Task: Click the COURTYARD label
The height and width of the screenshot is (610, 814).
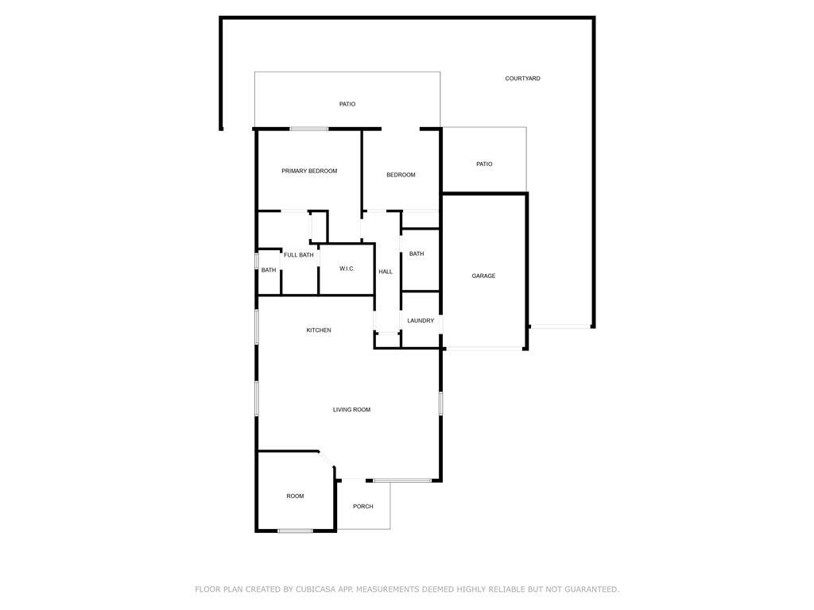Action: pyautogui.click(x=522, y=79)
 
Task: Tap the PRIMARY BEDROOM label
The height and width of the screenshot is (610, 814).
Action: pyautogui.click(x=309, y=171)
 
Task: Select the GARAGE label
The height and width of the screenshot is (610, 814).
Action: pyautogui.click(x=483, y=276)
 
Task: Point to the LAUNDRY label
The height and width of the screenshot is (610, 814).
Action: pyautogui.click(x=421, y=321)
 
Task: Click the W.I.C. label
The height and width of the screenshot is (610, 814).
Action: pyautogui.click(x=347, y=268)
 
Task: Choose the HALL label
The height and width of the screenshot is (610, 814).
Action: pyautogui.click(x=386, y=272)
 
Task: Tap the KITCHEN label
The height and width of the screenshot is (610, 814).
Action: pyautogui.click(x=319, y=330)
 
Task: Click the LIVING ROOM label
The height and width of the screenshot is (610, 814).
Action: pyautogui.click(x=351, y=410)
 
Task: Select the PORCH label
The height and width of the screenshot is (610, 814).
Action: pyautogui.click(x=362, y=506)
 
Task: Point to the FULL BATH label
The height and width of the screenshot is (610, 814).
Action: pyautogui.click(x=299, y=255)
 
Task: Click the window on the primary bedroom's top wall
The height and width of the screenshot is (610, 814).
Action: pyautogui.click(x=309, y=129)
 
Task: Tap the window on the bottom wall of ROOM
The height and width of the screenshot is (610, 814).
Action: pyautogui.click(x=296, y=531)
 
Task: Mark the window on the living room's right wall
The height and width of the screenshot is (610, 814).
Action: pyautogui.click(x=440, y=403)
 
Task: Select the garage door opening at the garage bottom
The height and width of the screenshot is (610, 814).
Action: pyautogui.click(x=484, y=349)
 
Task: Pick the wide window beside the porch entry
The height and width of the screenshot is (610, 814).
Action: pyautogui.click(x=402, y=481)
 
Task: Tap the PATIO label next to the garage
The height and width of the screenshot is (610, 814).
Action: pyautogui.click(x=484, y=164)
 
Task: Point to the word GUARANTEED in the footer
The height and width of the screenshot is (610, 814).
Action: pyautogui.click(x=591, y=589)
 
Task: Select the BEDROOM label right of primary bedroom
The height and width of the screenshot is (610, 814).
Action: pyautogui.click(x=401, y=175)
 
